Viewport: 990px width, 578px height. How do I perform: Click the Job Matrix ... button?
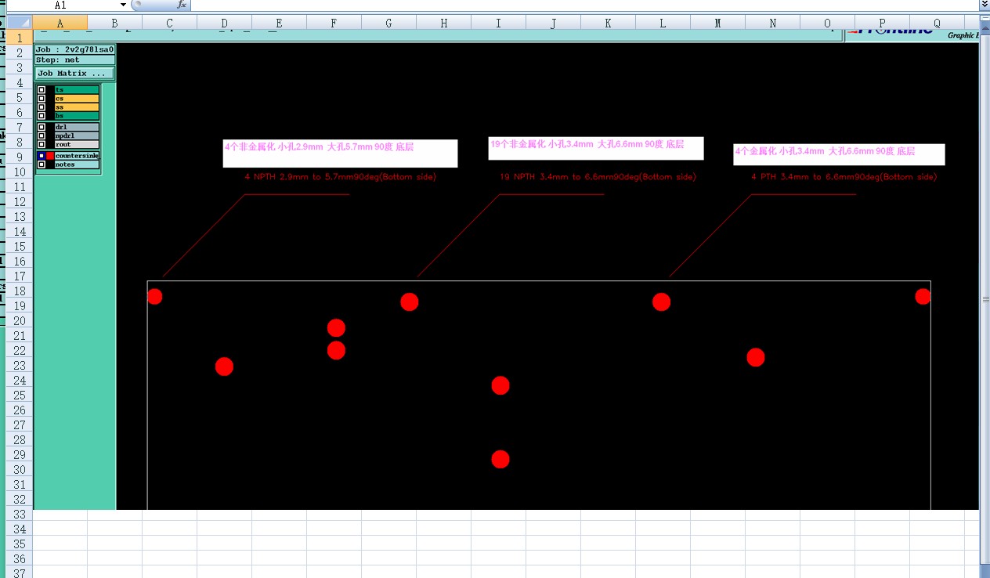74,73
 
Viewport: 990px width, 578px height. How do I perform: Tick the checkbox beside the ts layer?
42,90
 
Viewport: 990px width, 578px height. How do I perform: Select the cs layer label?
76,99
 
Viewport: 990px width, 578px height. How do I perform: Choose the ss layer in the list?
76,107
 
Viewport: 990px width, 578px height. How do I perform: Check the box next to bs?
42,116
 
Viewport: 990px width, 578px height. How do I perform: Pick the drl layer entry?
76,127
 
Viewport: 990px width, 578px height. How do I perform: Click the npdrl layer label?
76,135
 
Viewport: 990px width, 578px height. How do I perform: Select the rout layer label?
76,144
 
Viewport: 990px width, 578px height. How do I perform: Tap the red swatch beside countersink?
50,156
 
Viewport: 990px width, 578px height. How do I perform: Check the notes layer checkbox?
42,164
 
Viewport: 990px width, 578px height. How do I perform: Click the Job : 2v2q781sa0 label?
74,49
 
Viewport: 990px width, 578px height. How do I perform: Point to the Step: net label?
74,60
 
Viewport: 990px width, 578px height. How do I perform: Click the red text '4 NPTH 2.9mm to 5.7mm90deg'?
341,177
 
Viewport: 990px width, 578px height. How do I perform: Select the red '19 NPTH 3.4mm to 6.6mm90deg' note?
598,177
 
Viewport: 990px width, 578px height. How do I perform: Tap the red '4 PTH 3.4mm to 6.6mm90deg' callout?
844,177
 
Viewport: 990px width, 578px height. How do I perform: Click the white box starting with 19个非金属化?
595,148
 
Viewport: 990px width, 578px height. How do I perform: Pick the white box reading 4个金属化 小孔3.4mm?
838,154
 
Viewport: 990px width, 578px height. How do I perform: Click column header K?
608,23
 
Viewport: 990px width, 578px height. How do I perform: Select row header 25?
19,396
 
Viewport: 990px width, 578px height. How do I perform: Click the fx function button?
182,5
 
